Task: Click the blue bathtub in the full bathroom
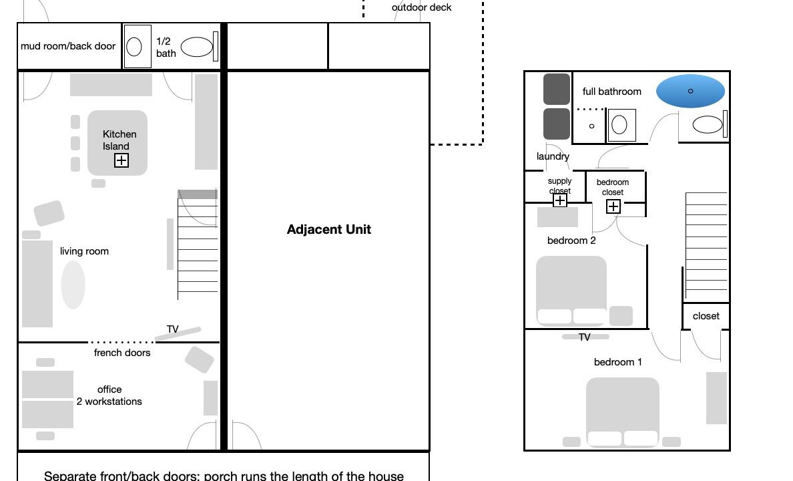690,91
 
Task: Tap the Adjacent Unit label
328,229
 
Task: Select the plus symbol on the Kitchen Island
121,160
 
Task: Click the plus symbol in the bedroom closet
613,206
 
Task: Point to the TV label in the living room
172,329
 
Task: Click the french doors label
122,353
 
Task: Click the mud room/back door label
68,46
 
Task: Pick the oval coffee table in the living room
73,284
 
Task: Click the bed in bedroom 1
623,412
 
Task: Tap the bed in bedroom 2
571,290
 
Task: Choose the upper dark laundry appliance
557,89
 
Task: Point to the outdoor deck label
421,7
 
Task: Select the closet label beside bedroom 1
706,316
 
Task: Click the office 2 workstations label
109,395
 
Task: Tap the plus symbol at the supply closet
560,200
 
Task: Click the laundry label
553,156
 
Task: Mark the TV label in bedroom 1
584,337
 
